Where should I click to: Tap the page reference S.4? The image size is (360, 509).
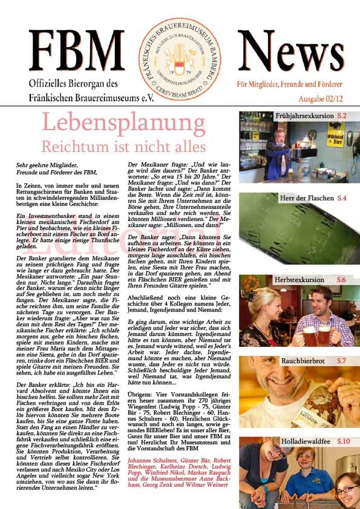342,199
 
